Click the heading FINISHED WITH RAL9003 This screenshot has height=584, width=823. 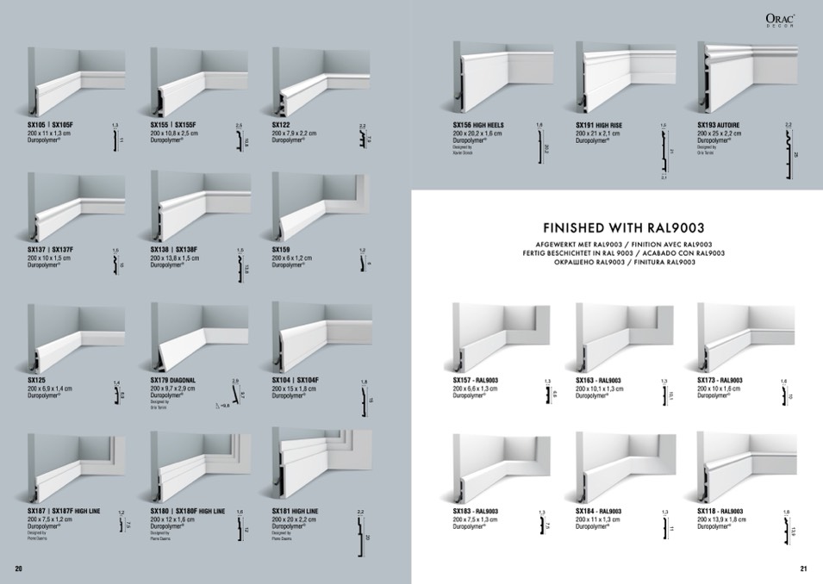click(x=618, y=228)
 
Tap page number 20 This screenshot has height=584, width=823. click(x=18, y=568)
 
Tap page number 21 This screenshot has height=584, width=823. click(x=804, y=568)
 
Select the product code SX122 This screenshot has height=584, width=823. click(x=283, y=125)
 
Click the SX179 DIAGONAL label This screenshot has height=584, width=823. click(x=173, y=380)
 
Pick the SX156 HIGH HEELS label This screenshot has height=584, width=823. click(x=478, y=125)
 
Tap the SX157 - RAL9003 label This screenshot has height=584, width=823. click(x=477, y=380)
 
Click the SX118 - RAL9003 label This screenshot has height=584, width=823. click(x=720, y=512)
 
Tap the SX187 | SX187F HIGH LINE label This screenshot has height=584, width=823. click(x=65, y=512)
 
